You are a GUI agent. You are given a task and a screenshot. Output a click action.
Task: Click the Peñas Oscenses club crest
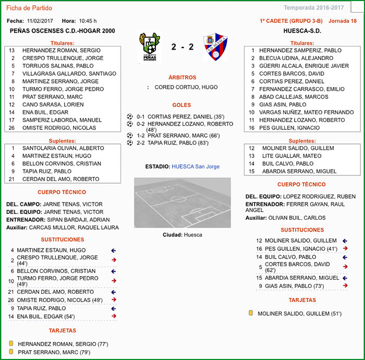point(149,47)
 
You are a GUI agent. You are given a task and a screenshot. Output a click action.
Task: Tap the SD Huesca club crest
point(215,47)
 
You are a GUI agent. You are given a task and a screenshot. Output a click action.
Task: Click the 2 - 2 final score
point(182,47)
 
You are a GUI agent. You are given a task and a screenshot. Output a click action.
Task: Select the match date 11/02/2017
point(40,21)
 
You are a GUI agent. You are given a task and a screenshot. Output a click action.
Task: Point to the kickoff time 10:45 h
point(88,21)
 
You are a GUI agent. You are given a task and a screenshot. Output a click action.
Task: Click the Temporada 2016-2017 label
point(321,8)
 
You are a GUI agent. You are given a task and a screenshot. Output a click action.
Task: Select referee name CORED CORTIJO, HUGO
point(186,87)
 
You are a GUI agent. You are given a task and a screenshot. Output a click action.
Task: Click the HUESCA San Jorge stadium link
point(196,166)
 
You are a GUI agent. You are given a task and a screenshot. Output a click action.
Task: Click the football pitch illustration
point(182,202)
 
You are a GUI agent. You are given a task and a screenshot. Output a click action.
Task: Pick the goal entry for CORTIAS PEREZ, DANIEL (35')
point(186,116)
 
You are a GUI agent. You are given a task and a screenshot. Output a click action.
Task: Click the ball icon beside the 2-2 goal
point(130,142)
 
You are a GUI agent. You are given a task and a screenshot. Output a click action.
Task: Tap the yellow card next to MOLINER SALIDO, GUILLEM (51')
point(251,313)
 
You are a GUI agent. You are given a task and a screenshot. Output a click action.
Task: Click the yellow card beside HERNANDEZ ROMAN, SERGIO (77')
point(11,344)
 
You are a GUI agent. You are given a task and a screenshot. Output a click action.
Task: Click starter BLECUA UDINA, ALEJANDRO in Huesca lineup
point(296,58)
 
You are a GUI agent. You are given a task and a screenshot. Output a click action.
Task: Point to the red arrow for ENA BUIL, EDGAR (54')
point(113,316)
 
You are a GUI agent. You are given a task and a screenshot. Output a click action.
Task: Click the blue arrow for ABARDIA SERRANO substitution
point(345,278)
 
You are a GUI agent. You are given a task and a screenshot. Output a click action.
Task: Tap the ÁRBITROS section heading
point(182,77)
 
